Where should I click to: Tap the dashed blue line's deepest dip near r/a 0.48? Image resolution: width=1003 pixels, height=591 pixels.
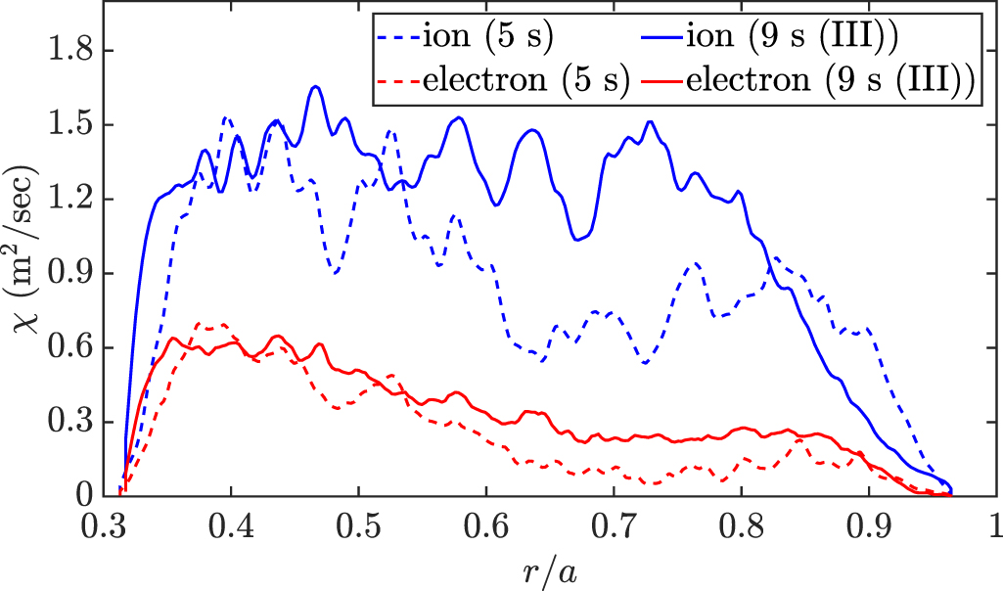pos(335,273)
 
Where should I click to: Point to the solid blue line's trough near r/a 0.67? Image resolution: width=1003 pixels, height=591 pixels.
pos(577,238)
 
